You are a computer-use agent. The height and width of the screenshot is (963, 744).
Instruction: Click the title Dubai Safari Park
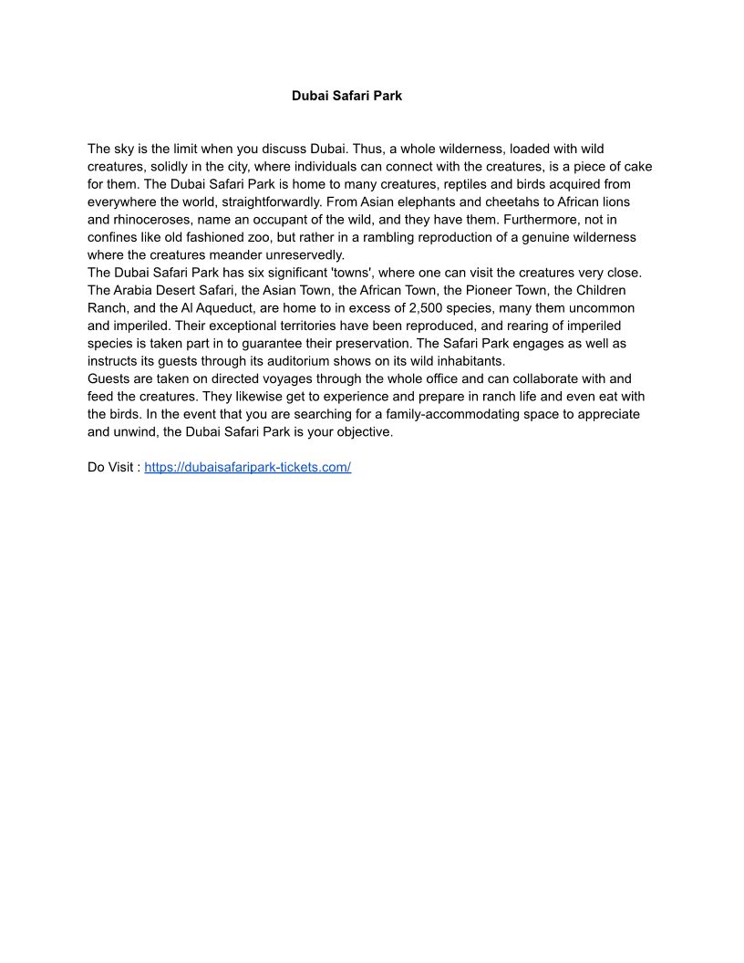click(x=346, y=96)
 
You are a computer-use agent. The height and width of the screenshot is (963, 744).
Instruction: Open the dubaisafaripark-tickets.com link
click(x=247, y=467)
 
